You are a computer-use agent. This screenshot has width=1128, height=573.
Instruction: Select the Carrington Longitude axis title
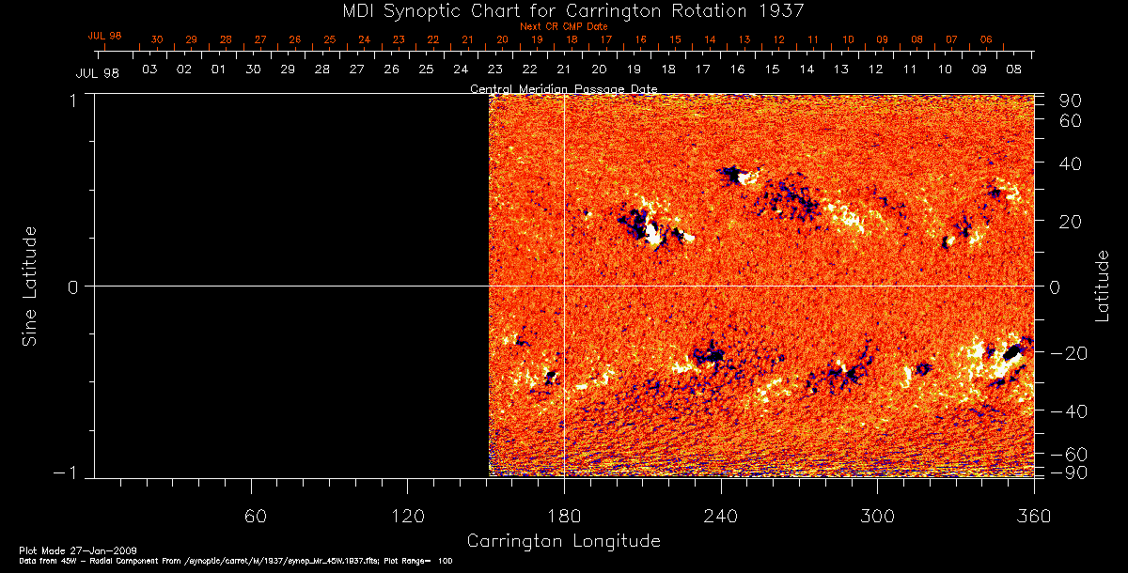[x=563, y=541]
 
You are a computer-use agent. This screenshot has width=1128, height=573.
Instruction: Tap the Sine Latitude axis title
[x=30, y=285]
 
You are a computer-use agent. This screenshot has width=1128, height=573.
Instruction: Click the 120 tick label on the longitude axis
[x=407, y=516]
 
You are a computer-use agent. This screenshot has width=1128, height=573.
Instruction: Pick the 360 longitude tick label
[x=1033, y=516]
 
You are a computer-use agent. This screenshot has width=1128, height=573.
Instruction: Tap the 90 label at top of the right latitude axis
[x=1073, y=101]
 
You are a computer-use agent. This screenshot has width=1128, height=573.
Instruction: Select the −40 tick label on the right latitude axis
[x=1068, y=411]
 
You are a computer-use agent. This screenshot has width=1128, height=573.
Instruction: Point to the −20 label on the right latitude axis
[x=1068, y=353]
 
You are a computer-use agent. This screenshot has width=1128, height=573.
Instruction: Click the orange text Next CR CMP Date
[x=563, y=26]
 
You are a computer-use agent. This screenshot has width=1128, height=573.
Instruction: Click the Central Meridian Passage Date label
[x=563, y=89]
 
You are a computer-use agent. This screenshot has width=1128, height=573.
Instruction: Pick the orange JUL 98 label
[x=104, y=36]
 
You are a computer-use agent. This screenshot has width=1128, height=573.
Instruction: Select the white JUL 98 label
[x=98, y=73]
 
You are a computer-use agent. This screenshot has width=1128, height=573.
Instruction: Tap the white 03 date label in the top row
[x=149, y=70]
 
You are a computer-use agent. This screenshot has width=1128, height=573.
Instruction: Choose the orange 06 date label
[x=985, y=40]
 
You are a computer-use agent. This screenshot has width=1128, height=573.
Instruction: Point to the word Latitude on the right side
[x=1103, y=285]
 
